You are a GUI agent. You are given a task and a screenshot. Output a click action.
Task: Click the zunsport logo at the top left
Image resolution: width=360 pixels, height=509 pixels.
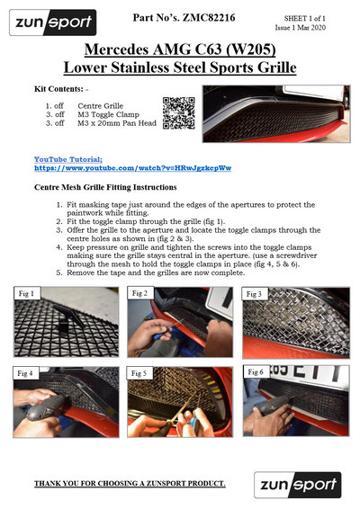pyautogui.click(x=52, y=22)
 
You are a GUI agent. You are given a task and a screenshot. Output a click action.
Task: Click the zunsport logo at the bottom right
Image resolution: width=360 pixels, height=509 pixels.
pyautogui.click(x=298, y=485)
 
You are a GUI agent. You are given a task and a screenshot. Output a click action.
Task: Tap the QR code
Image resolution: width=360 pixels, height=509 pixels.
pyautogui.click(x=179, y=113)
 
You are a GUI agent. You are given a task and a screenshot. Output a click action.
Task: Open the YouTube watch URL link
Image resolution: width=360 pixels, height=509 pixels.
pyautogui.click(x=132, y=168)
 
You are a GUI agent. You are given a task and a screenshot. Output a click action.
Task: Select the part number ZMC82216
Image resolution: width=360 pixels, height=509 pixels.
pyautogui.click(x=209, y=17)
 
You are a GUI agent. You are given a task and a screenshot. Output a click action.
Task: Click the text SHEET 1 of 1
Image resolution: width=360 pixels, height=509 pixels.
pyautogui.click(x=305, y=19)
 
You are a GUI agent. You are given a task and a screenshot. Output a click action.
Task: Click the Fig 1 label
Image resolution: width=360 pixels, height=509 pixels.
pyautogui.click(x=26, y=293)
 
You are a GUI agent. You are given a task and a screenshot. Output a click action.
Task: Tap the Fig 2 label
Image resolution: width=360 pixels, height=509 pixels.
pyautogui.click(x=139, y=293)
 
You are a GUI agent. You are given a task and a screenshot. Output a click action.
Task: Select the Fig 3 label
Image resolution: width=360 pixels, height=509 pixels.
pyautogui.click(x=254, y=294)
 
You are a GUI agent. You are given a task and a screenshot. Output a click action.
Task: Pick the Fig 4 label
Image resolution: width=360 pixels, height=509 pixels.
pyautogui.click(x=25, y=373)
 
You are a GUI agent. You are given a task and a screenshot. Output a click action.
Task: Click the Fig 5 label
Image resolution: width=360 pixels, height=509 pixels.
pyautogui.click(x=139, y=373)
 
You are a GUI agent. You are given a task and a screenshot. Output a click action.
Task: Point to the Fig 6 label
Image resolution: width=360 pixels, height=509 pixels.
pyautogui.click(x=256, y=372)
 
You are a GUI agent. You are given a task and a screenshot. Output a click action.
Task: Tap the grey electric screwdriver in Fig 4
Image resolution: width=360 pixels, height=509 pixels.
pyautogui.click(x=45, y=407)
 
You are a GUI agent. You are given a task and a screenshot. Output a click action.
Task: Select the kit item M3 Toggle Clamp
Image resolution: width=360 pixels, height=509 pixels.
pyautogui.click(x=108, y=114)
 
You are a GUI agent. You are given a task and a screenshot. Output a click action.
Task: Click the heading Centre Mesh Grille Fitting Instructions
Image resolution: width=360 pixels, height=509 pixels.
pyautogui.click(x=105, y=187)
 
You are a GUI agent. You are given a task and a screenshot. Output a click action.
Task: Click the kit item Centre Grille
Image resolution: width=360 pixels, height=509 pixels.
pyautogui.click(x=101, y=106)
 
